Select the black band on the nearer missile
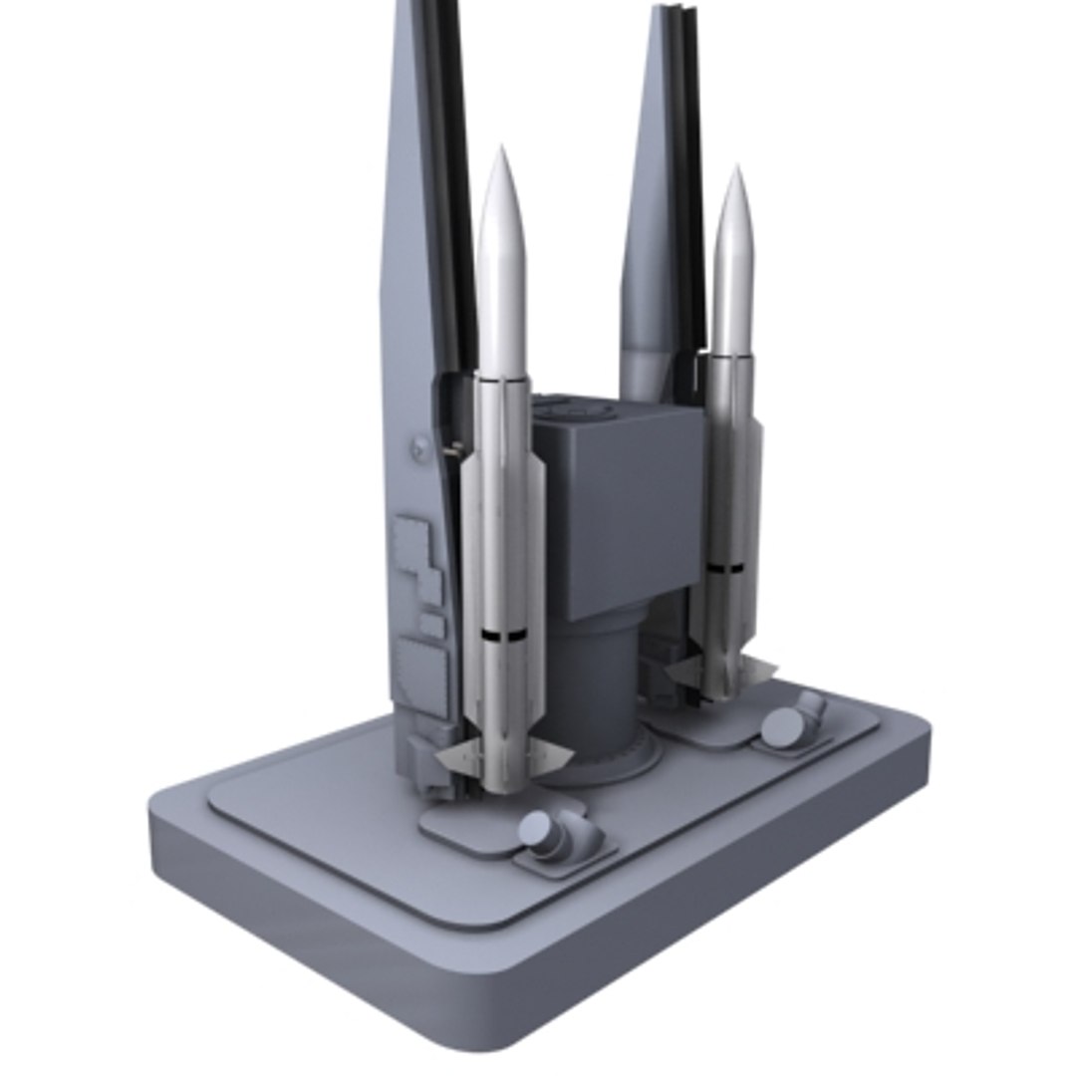503,635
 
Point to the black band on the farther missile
725,568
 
